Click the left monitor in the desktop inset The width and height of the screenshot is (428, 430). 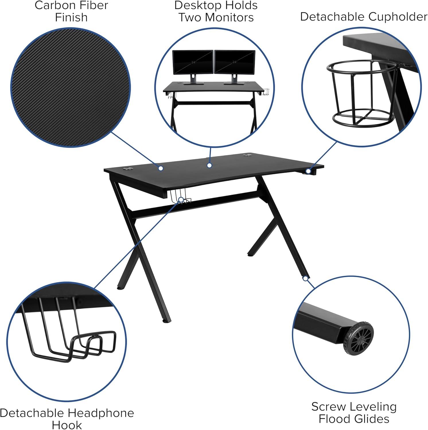(193, 62)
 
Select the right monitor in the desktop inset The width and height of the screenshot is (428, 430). (235, 62)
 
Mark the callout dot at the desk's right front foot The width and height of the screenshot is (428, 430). (306, 278)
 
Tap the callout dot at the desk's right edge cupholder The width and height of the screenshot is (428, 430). (308, 171)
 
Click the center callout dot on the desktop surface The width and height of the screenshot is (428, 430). (209, 165)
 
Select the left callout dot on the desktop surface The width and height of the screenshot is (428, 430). (161, 168)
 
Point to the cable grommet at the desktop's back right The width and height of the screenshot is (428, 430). (247, 156)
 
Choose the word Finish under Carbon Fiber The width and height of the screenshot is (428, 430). (71, 17)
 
